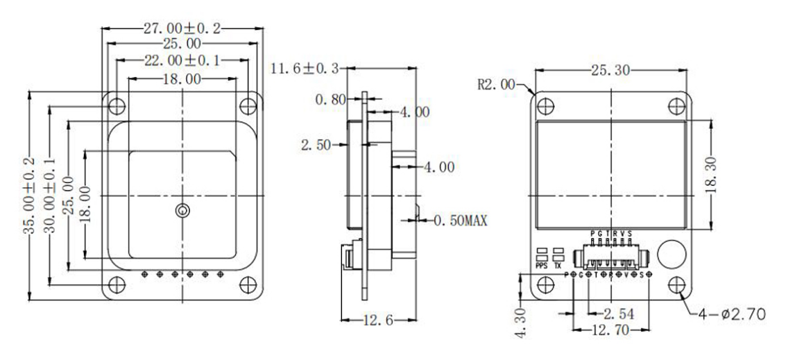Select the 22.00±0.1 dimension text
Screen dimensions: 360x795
181,61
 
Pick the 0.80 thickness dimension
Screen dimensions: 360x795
330,99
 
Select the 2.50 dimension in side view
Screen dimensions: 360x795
316,144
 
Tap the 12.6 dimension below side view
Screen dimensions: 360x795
379,320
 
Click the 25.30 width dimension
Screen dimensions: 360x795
611,70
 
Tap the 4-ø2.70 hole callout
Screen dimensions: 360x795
732,314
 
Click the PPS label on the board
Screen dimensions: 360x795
542,264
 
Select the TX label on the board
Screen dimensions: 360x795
558,264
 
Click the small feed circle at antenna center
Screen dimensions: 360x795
181,211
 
